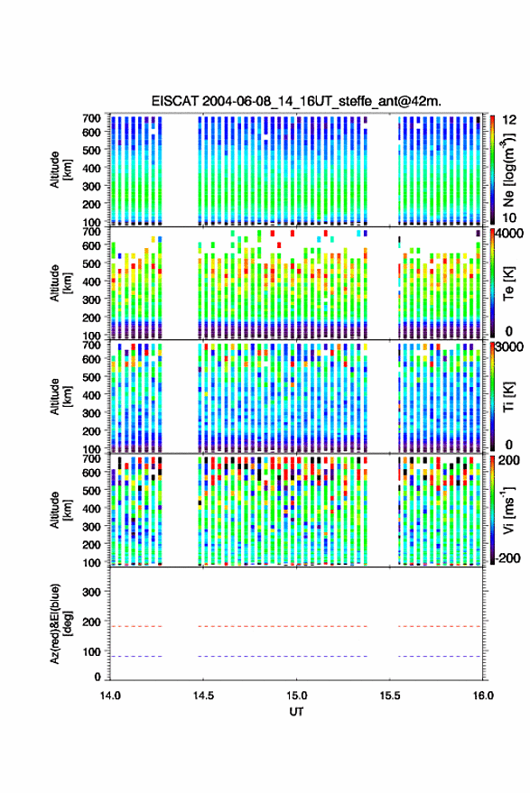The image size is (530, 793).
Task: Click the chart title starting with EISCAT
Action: tap(296, 101)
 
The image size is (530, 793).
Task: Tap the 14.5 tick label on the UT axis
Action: tap(203, 696)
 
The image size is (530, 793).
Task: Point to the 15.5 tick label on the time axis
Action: tap(390, 696)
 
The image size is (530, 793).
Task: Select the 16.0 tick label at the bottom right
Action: tap(483, 696)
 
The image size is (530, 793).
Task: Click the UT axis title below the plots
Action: tap(297, 712)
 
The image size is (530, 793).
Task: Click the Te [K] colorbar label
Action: tap(508, 283)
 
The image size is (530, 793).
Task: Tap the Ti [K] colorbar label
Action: tap(508, 397)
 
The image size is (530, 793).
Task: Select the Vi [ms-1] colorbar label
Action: tap(508, 510)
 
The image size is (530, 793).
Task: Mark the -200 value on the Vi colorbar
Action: tap(507, 558)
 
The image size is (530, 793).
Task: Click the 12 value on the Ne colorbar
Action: tap(509, 120)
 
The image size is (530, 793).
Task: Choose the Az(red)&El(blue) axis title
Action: tap(60, 624)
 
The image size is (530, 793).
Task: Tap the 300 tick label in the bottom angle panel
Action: tap(91, 592)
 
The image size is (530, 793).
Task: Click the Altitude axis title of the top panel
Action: tap(60, 170)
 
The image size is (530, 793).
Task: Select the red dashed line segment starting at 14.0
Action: tap(136, 626)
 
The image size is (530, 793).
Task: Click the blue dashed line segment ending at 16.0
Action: tap(440, 657)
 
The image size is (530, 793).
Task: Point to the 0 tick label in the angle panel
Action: tap(98, 677)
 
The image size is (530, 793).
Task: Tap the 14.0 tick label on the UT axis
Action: tap(110, 696)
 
